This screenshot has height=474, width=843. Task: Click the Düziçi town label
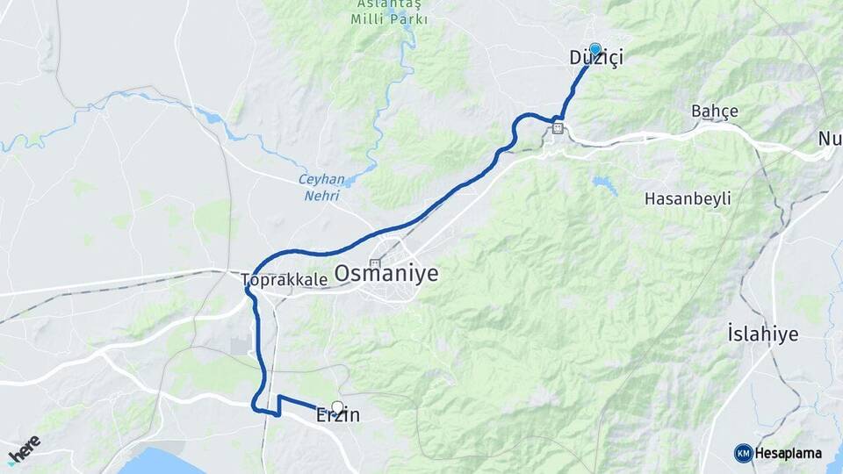click(596, 59)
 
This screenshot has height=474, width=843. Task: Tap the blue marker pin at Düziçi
click(595, 49)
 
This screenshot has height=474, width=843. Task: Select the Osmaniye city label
click(386, 274)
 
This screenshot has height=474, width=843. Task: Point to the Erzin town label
click(338, 416)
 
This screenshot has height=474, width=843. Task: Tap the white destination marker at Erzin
click(337, 407)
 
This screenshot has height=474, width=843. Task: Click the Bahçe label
click(715, 111)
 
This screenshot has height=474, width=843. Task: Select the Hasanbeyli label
click(688, 198)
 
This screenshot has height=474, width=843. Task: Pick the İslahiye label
click(762, 334)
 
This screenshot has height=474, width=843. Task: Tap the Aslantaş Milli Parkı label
click(390, 12)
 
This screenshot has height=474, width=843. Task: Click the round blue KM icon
click(743, 453)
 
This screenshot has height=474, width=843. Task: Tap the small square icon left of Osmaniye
click(376, 263)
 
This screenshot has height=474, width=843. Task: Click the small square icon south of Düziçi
click(558, 129)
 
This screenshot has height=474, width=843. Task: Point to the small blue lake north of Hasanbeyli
click(604, 183)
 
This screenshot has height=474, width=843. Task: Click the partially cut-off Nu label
click(830, 139)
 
